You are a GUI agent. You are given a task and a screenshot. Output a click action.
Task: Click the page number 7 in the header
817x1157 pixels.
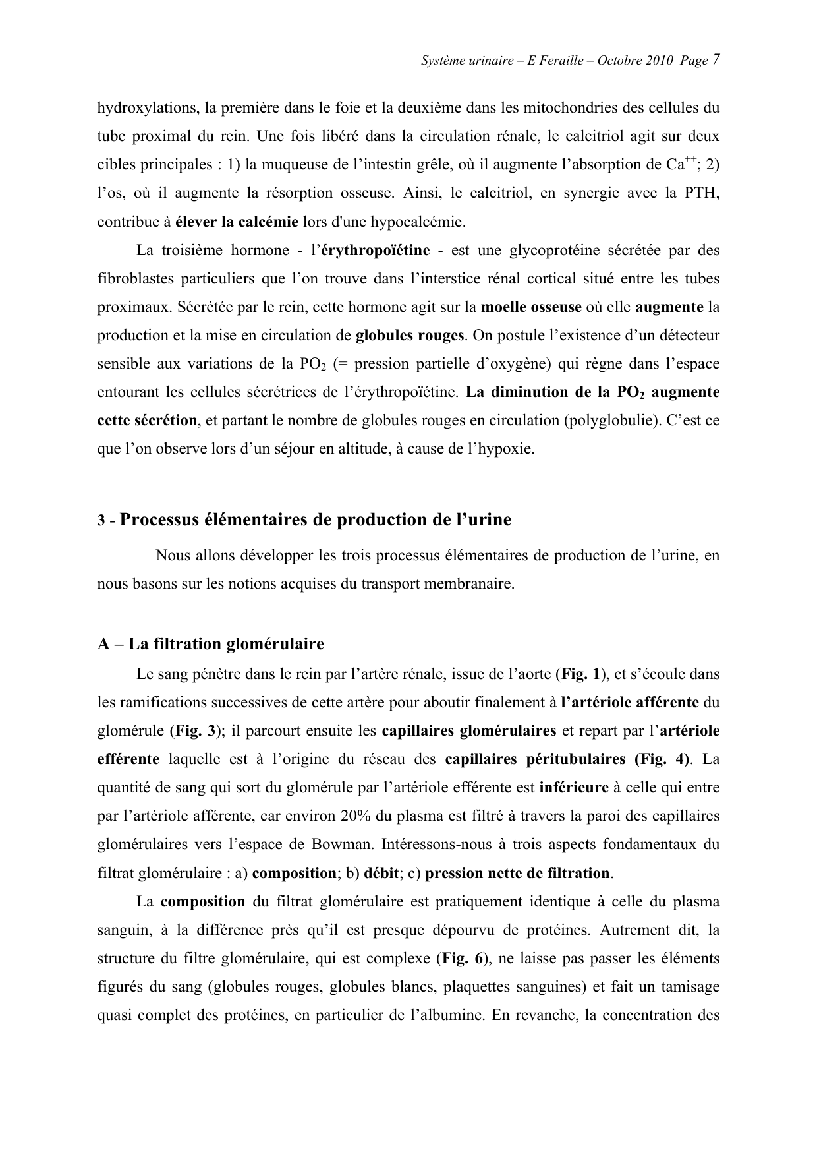point(715,61)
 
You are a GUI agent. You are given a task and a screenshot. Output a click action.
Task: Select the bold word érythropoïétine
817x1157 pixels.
point(374,251)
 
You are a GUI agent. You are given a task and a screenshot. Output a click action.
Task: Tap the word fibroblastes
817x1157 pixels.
point(135,279)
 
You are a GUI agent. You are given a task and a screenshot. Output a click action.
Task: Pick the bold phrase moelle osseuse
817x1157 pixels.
point(531,307)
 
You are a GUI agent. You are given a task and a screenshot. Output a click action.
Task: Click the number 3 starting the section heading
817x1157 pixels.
point(101,521)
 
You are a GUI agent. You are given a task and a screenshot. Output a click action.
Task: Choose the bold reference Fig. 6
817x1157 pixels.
point(463,958)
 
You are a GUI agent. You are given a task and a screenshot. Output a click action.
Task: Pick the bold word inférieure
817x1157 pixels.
point(573,788)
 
